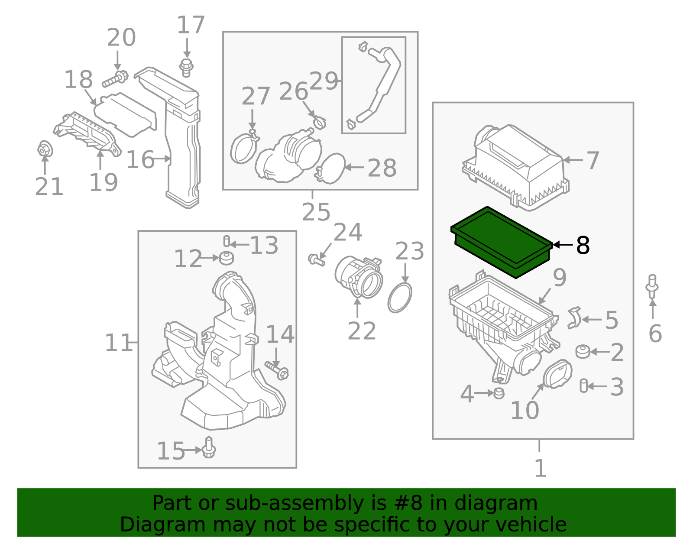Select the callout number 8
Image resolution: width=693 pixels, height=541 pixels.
(x=583, y=246)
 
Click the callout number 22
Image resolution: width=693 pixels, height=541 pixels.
(x=362, y=331)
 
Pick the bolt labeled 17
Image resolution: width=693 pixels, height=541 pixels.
(x=186, y=68)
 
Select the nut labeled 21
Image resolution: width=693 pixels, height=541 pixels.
(x=44, y=149)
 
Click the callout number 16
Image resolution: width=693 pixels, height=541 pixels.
(x=140, y=160)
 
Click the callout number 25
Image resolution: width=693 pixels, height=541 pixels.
(x=316, y=212)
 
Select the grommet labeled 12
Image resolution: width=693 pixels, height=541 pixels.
(x=226, y=258)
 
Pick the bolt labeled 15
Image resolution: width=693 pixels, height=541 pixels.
(x=209, y=448)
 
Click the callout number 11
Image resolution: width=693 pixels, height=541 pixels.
(x=118, y=343)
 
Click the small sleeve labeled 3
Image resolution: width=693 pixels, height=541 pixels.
(x=584, y=386)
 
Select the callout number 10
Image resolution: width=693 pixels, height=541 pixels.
(x=525, y=410)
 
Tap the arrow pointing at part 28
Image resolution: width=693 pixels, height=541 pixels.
(x=354, y=167)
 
